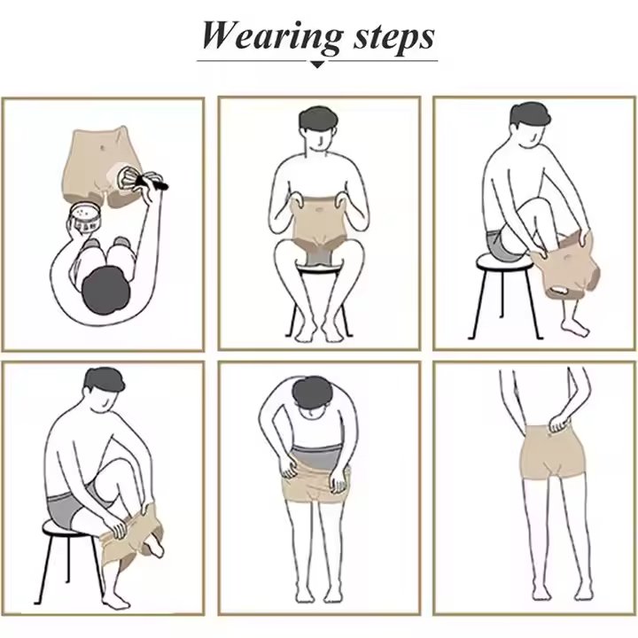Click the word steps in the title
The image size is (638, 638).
pyautogui.click(x=391, y=36)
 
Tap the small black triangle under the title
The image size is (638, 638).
pyautogui.click(x=317, y=64)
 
